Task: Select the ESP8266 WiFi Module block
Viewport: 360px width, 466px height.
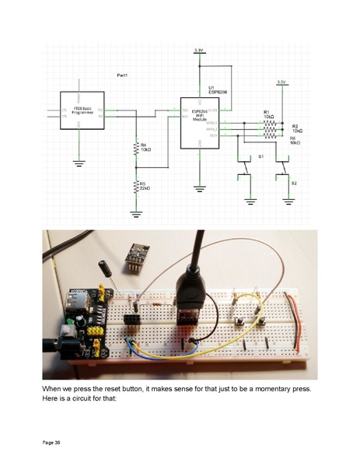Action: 200,123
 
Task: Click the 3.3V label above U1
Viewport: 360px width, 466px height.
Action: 200,50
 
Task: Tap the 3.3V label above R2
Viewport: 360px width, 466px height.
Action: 281,82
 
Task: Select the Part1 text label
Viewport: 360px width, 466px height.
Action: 122,75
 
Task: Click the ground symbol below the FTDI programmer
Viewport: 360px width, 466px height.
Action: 78,163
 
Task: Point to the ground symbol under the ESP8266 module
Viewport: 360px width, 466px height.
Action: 200,187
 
